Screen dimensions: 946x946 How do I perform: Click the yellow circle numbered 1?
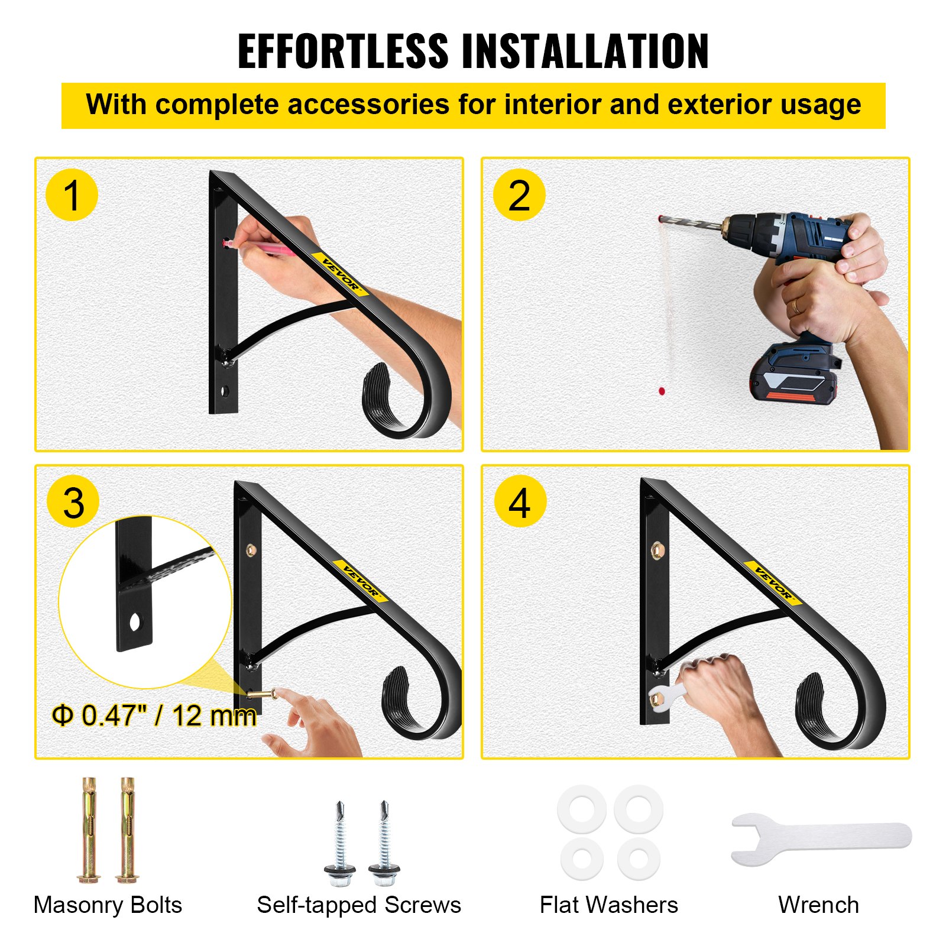pyautogui.click(x=72, y=195)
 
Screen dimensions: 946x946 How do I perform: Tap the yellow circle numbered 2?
pyautogui.click(x=519, y=195)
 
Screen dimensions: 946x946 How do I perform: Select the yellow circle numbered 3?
pyautogui.click(x=73, y=503)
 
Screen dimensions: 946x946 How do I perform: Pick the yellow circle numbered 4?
pyautogui.click(x=520, y=503)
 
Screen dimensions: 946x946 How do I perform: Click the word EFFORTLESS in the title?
pyautogui.click(x=343, y=51)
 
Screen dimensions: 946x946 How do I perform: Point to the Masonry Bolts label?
pyautogui.click(x=108, y=905)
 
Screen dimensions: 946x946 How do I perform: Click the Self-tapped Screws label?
pyautogui.click(x=359, y=905)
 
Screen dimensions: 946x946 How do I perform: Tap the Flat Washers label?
pyautogui.click(x=608, y=905)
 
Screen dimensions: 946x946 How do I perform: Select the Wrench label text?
pyautogui.click(x=818, y=905)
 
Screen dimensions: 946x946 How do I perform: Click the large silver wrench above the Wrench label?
pyautogui.click(x=822, y=838)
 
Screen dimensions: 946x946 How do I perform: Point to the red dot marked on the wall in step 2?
pyautogui.click(x=662, y=391)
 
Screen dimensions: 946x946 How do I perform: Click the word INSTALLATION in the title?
pyautogui.click(x=585, y=51)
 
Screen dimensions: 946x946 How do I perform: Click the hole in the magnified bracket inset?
pyautogui.click(x=135, y=623)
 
